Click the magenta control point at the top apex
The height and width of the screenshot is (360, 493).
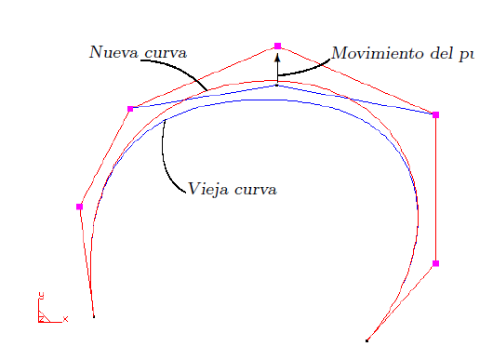pos(277,46)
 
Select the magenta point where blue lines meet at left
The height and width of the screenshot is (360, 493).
pos(130,109)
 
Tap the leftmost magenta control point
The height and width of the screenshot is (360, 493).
pos(80,207)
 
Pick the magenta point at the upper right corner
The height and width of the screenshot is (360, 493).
pos(435,114)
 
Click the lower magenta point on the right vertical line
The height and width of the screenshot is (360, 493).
pos(435,263)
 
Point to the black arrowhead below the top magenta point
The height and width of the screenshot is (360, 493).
pos(277,58)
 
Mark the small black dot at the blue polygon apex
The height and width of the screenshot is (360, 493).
pos(277,86)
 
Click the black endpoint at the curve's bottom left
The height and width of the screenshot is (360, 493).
pos(93,317)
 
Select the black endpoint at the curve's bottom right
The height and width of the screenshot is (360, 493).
pos(368,340)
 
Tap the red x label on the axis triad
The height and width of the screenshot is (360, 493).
pos(65,319)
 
